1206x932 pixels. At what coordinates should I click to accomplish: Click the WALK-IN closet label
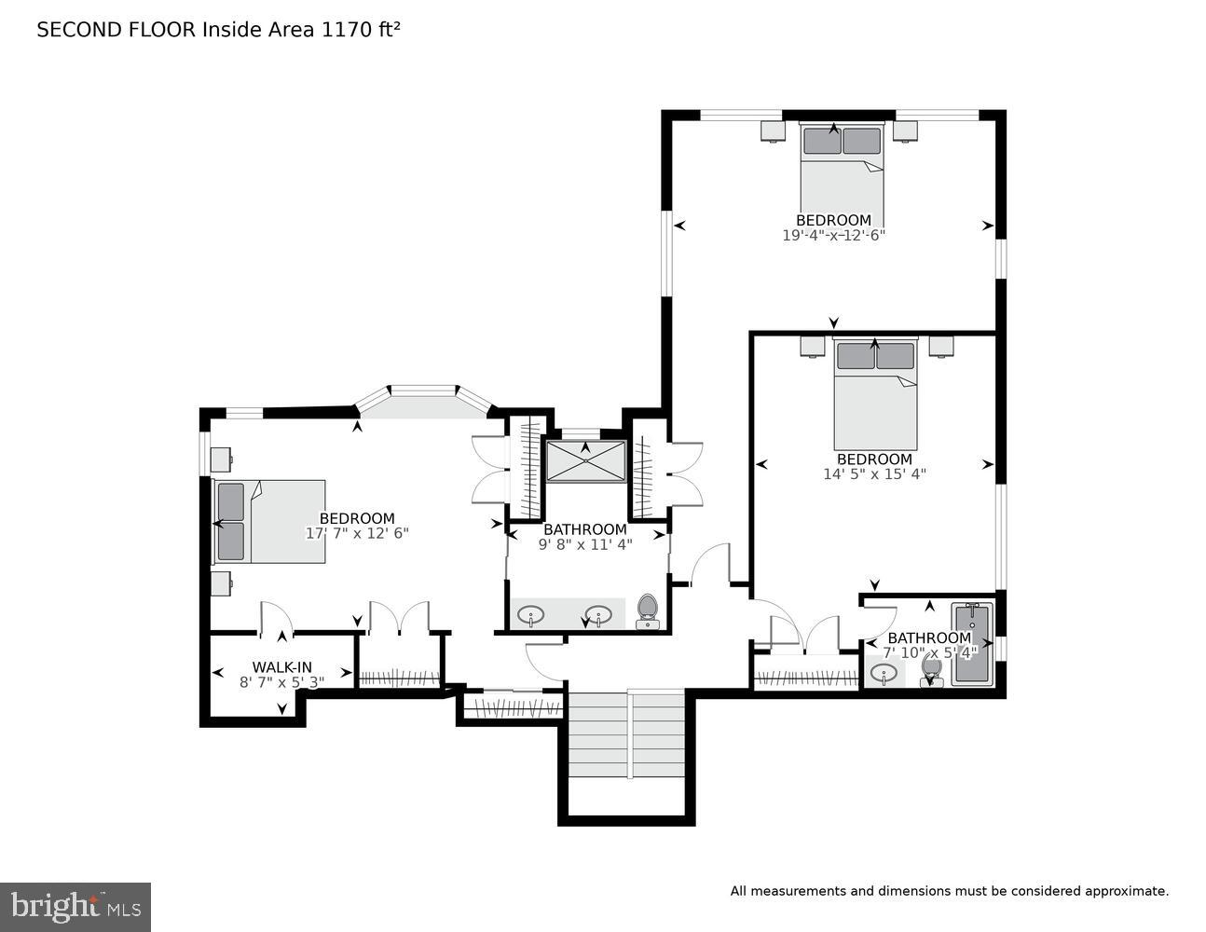pyautogui.click(x=281, y=667)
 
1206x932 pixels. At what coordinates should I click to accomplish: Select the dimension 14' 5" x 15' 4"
pyautogui.click(x=873, y=473)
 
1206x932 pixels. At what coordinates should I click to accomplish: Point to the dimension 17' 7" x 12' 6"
pyautogui.click(x=357, y=533)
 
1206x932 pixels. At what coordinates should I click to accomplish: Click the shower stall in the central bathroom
pyautogui.click(x=585, y=461)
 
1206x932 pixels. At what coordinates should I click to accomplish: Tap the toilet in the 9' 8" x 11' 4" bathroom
pyautogui.click(x=648, y=611)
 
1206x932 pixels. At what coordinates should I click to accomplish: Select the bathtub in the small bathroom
pyautogui.click(x=973, y=645)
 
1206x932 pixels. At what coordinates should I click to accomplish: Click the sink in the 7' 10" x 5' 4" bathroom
pyautogui.click(x=884, y=672)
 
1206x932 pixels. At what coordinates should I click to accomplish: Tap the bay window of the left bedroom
pyautogui.click(x=423, y=401)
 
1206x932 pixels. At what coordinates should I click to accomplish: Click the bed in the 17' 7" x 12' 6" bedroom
pyautogui.click(x=270, y=522)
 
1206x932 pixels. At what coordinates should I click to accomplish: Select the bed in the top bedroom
pyautogui.click(x=842, y=168)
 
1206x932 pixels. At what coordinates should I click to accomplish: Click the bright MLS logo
pyautogui.click(x=75, y=907)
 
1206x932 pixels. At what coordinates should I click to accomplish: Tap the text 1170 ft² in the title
pyautogui.click(x=361, y=30)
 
